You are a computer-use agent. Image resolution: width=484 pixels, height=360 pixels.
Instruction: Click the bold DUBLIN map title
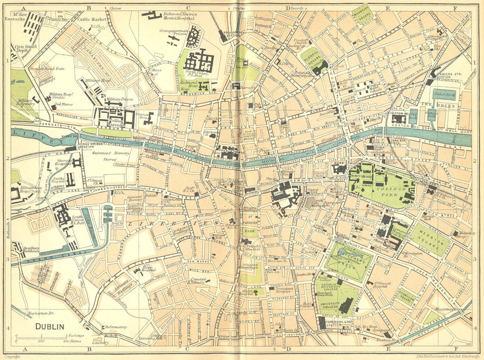(49, 327)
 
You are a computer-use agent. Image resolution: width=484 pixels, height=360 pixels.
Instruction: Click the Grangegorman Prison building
(193, 36)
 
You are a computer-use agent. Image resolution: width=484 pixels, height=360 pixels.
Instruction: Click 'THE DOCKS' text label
(432, 105)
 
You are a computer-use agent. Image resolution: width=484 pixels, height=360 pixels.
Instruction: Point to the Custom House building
(398, 118)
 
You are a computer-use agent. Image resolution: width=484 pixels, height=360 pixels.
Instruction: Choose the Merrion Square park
(429, 239)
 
